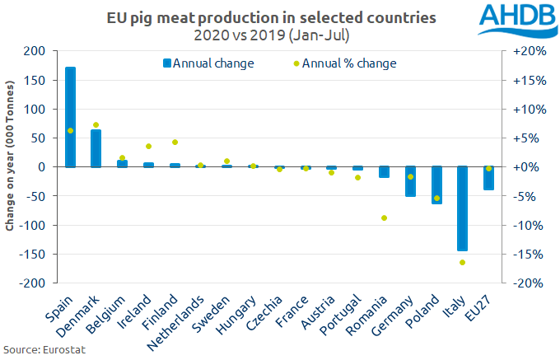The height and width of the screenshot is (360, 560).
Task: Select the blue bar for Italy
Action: (463, 208)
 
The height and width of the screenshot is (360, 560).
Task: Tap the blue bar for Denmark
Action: (96, 148)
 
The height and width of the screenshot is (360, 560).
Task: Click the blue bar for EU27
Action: (489, 178)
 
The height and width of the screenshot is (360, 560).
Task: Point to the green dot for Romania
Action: (384, 217)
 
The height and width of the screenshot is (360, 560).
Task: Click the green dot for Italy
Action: (463, 263)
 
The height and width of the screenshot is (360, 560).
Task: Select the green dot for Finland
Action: (175, 142)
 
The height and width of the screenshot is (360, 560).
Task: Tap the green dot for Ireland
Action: (148, 146)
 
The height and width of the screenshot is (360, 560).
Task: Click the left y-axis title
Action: (11, 167)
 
